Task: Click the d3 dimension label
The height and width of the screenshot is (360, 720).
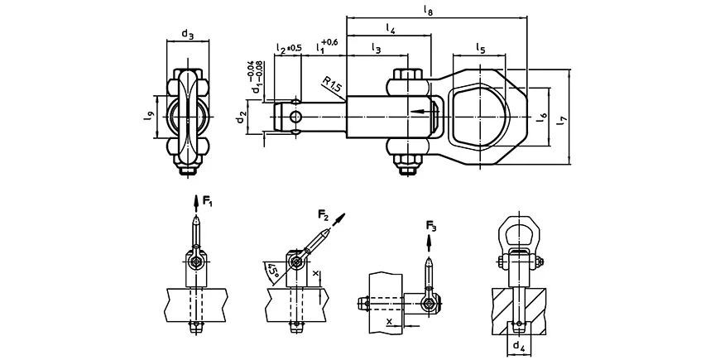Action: tap(187, 34)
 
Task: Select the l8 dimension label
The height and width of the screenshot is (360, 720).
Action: tap(428, 10)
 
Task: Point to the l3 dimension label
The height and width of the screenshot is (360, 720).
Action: tap(376, 48)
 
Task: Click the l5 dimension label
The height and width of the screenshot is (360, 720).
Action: tap(480, 47)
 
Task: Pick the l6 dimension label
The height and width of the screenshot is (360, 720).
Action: tap(542, 117)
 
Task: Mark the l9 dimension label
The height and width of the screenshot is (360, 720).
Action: tap(148, 117)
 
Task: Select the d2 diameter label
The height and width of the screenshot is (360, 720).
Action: tap(242, 118)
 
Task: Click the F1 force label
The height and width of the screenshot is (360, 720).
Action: tap(208, 200)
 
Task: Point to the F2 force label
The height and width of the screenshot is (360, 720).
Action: tap(324, 214)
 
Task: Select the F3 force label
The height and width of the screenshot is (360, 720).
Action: tap(431, 225)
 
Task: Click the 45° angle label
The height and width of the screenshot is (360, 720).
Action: tap(274, 270)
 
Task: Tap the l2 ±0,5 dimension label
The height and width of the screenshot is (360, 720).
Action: tap(289, 48)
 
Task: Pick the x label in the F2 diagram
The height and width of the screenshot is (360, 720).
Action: tap(314, 272)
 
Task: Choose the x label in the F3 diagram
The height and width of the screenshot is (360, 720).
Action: tap(389, 321)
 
